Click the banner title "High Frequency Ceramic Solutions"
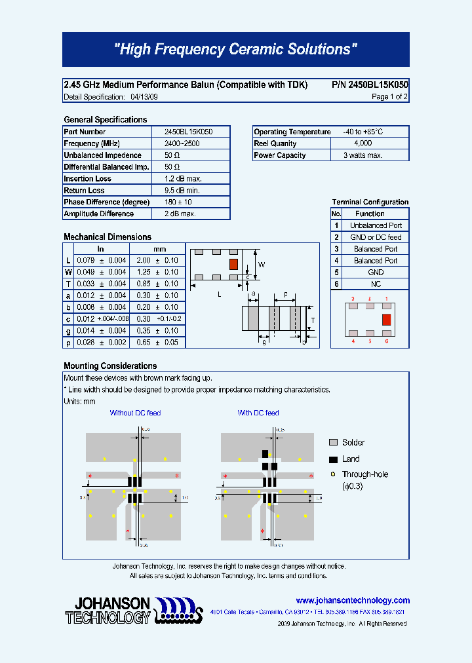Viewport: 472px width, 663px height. pyautogui.click(x=236, y=50)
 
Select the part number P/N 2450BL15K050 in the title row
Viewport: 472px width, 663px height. pyautogui.click(x=370, y=85)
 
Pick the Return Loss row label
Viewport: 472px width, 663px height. pyautogui.click(x=84, y=191)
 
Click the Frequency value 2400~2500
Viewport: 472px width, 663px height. pyautogui.click(x=183, y=143)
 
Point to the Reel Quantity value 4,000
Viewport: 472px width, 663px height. pyautogui.click(x=363, y=143)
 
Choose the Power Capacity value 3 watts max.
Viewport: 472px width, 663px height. pyautogui.click(x=363, y=155)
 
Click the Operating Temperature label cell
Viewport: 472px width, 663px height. pyautogui.click(x=292, y=132)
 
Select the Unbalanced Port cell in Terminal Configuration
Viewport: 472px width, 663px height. pyautogui.click(x=376, y=225)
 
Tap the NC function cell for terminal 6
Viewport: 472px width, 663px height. pyautogui.click(x=376, y=284)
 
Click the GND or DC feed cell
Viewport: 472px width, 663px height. pyautogui.click(x=376, y=237)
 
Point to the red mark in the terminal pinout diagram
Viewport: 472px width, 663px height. pyautogui.click(x=386, y=320)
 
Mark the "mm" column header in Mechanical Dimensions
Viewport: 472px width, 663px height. pyautogui.click(x=159, y=249)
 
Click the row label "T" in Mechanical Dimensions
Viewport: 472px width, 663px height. pyautogui.click(x=68, y=284)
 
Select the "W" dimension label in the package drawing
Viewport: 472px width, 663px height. pyautogui.click(x=261, y=265)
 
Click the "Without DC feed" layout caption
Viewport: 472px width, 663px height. pyautogui.click(x=135, y=413)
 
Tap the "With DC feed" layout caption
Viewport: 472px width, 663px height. pyautogui.click(x=258, y=413)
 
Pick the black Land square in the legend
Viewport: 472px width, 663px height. pyautogui.click(x=333, y=459)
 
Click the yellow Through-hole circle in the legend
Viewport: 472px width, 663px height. pyautogui.click(x=333, y=474)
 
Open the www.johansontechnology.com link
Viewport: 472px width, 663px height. pyautogui.click(x=353, y=601)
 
